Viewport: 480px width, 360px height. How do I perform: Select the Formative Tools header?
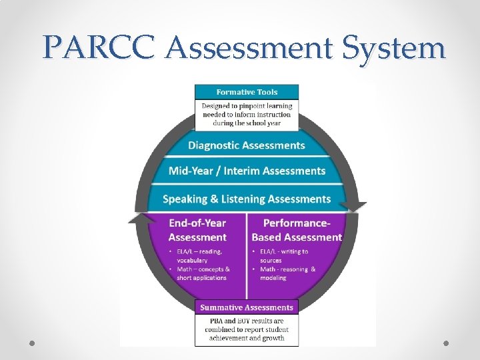pyautogui.click(x=247, y=92)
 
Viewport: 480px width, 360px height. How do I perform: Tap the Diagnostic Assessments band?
pyautogui.click(x=247, y=145)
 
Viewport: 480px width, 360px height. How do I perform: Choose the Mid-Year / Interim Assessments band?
pyautogui.click(x=247, y=171)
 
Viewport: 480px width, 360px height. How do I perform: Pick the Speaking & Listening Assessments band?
pyautogui.click(x=247, y=199)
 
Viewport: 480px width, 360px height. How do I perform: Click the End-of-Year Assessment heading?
pyautogui.click(x=197, y=230)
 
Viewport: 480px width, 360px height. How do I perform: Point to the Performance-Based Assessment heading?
pyautogui.click(x=297, y=230)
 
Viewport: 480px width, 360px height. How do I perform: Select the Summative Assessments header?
pyautogui.click(x=247, y=307)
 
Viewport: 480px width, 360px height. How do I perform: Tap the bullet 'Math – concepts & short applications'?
pyautogui.click(x=203, y=273)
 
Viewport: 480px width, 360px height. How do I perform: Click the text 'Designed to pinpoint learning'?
pyautogui.click(x=247, y=105)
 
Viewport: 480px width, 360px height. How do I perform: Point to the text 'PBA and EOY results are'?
pyautogui.click(x=247, y=321)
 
